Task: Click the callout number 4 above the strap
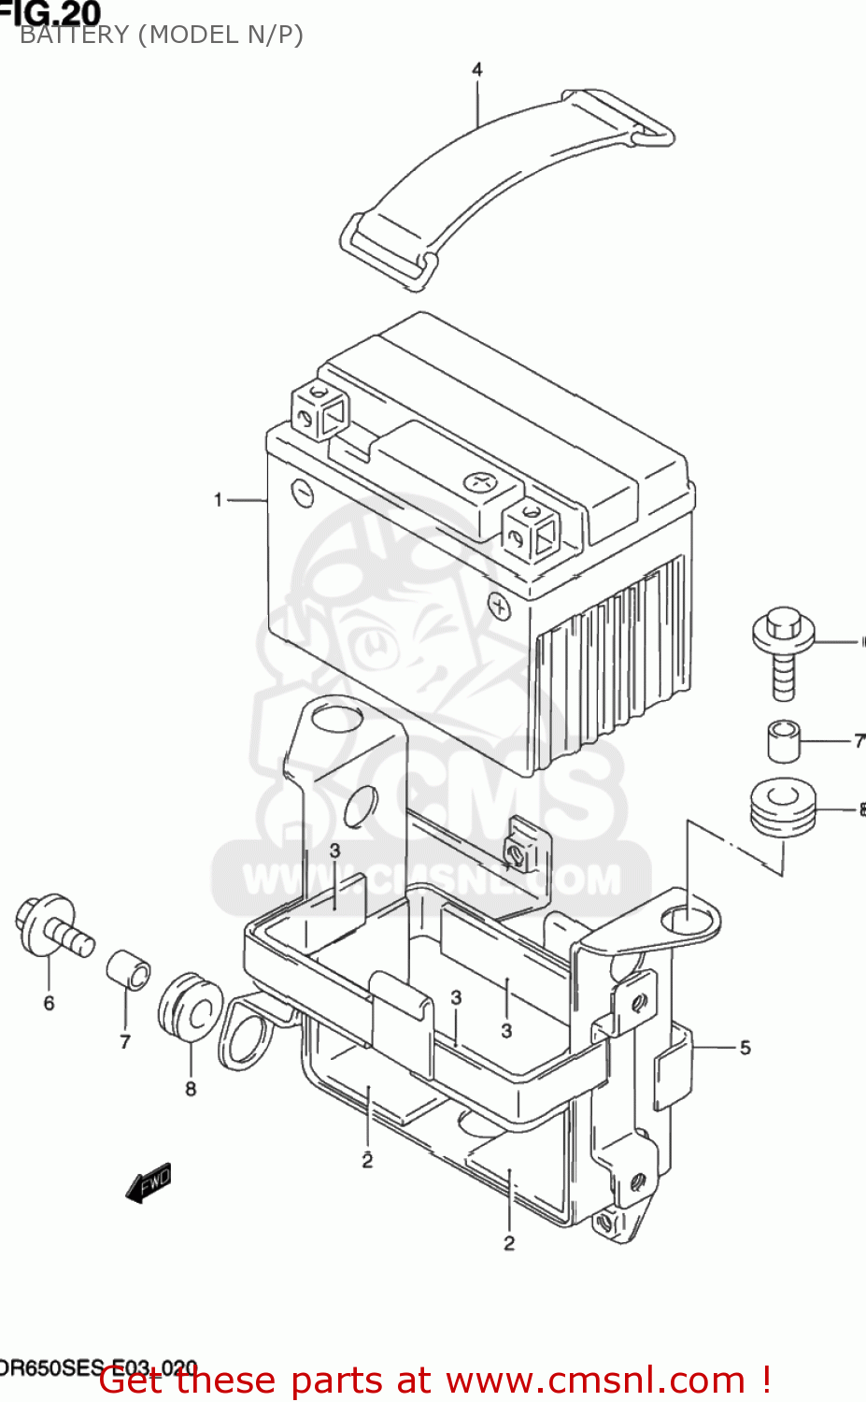pyautogui.click(x=477, y=70)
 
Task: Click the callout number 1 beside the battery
pyautogui.click(x=219, y=500)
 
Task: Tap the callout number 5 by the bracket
pyautogui.click(x=745, y=1048)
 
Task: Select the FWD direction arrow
pyautogui.click(x=149, y=1182)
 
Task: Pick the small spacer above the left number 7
pyautogui.click(x=128, y=968)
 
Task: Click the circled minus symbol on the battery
pyautogui.click(x=303, y=491)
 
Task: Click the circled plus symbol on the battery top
pyautogui.click(x=480, y=482)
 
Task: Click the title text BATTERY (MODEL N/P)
pyautogui.click(x=162, y=36)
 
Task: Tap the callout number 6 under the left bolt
pyautogui.click(x=50, y=1004)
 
